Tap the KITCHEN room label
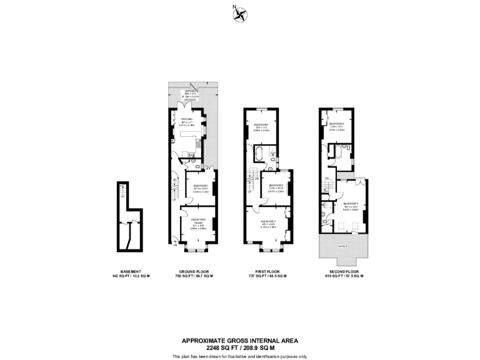186,119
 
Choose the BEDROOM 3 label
276,185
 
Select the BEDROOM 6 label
337,124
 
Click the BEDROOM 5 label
349,204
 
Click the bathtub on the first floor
259,153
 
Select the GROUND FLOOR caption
194,272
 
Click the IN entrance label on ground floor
175,244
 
